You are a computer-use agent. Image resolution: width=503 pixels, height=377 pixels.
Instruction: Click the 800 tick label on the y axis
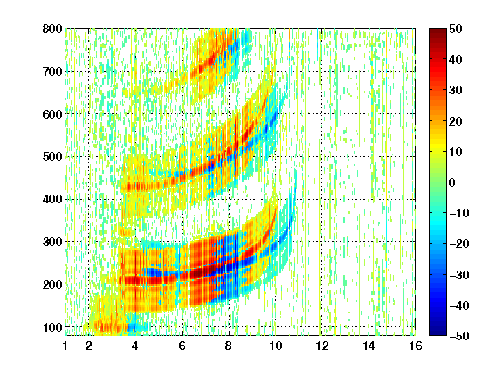click(52, 29)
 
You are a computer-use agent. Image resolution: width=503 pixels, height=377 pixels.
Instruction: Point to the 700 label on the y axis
click(52, 72)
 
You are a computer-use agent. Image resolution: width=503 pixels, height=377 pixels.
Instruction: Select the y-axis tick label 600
click(52, 114)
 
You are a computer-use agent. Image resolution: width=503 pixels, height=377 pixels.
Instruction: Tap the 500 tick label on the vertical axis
click(52, 157)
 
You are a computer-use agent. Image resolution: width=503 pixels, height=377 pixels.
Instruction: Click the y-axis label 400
click(52, 199)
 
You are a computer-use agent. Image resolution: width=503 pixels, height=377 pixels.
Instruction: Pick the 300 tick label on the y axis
click(52, 242)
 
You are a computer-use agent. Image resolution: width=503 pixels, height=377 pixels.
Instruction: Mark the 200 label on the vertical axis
click(52, 284)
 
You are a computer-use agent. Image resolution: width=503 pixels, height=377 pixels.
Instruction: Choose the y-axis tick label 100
click(52, 327)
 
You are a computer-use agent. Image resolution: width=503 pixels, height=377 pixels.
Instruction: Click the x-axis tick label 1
click(65, 346)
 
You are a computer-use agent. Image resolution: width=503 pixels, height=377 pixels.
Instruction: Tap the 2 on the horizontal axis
click(89, 346)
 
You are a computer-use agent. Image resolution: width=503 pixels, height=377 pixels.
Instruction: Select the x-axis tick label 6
click(183, 346)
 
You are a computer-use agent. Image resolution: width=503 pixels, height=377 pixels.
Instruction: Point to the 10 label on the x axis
click(275, 346)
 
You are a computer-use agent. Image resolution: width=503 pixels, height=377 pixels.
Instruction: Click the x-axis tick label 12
click(322, 346)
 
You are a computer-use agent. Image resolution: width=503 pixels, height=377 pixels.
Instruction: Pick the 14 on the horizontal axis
click(369, 346)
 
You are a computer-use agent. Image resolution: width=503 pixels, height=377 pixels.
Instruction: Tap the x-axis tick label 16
click(416, 346)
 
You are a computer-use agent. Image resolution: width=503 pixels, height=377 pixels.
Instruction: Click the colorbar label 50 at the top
click(456, 29)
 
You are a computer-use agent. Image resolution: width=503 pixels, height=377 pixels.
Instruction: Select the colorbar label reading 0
click(452, 182)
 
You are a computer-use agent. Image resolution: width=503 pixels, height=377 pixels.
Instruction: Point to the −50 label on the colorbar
click(459, 336)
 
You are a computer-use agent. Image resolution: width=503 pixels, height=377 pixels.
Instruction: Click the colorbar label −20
click(459, 243)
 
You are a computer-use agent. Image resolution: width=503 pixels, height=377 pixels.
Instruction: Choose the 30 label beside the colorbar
click(456, 90)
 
